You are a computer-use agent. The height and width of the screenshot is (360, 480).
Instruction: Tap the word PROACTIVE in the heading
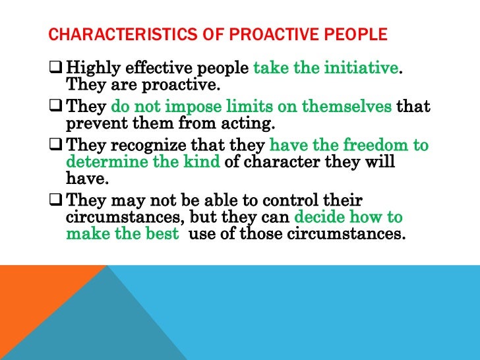[260, 34]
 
